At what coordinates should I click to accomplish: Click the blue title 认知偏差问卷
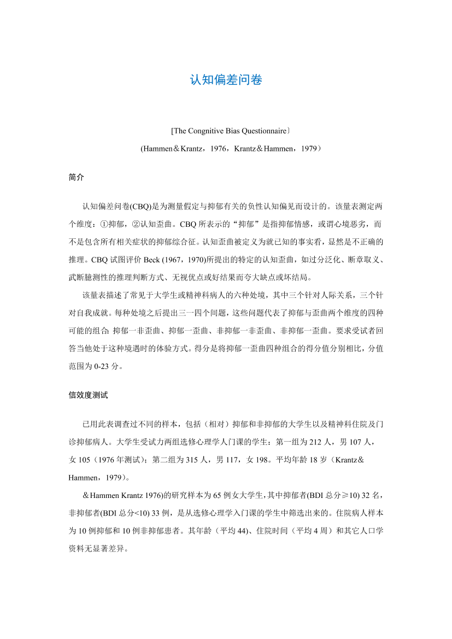[x=226, y=80]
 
